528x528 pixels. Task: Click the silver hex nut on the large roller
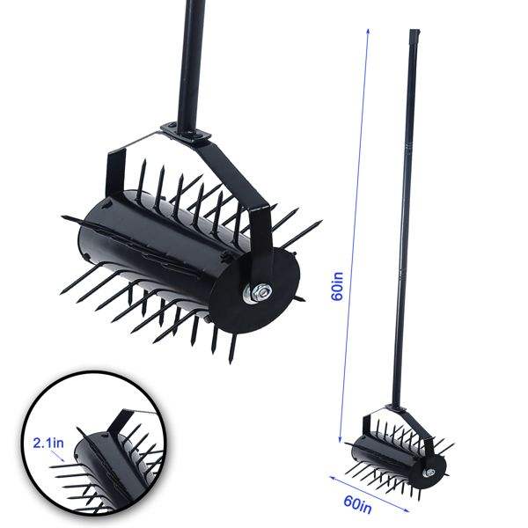pyautogui.click(x=261, y=292)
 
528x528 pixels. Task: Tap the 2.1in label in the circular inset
pyautogui.click(x=48, y=443)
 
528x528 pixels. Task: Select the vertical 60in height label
pyautogui.click(x=337, y=285)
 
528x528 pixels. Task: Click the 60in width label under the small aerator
pyautogui.click(x=357, y=505)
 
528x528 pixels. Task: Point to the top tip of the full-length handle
pyautogui.click(x=414, y=30)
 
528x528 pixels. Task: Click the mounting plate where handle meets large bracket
pyautogui.click(x=185, y=132)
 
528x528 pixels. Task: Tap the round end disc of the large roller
pyautogui.click(x=254, y=291)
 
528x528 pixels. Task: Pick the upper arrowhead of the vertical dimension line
pyautogui.click(x=368, y=32)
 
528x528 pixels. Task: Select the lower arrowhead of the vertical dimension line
pyautogui.click(x=340, y=439)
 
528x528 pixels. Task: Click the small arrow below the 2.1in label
pyautogui.click(x=57, y=456)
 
